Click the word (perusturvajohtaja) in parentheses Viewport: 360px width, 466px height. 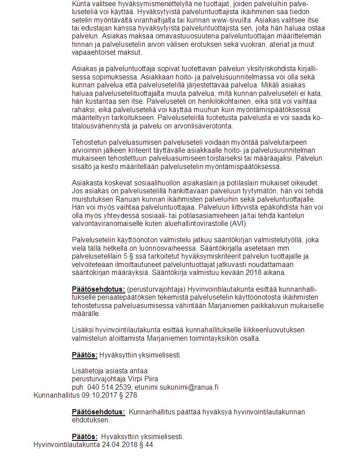click(156, 289)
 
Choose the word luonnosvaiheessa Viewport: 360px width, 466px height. click(166, 248)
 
